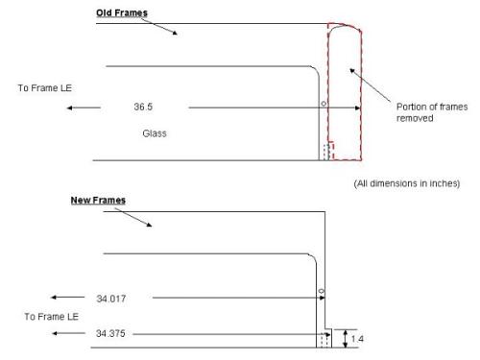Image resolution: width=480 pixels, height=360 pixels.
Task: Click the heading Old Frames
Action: pos(122,12)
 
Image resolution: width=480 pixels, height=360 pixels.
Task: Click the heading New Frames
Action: pos(98,201)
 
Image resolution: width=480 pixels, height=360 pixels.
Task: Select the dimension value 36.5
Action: pos(143,107)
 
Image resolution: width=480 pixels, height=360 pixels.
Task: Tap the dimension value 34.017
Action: pos(111,299)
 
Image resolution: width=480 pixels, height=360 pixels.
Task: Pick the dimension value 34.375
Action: pos(110,333)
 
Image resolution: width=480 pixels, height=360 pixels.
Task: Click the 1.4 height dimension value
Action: pos(357,339)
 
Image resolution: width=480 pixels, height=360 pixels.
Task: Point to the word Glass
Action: pos(155,133)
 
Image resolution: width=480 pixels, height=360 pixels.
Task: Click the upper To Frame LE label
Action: pos(45,88)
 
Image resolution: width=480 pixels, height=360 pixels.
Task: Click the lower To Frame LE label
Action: pos(52,317)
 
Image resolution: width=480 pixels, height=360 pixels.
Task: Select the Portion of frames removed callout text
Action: pos(432,112)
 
